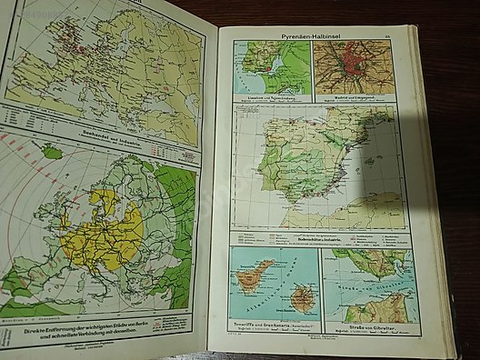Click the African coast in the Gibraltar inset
pyautogui.click(x=364, y=302)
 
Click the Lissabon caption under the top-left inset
pyautogui.click(x=271, y=95)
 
